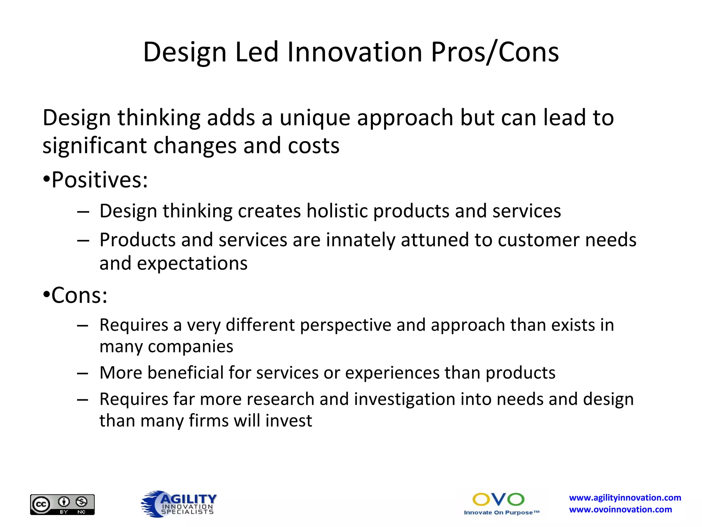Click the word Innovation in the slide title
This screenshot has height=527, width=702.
[x=354, y=52]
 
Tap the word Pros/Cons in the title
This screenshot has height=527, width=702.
[x=495, y=52]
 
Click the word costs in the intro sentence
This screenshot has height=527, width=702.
[x=313, y=146]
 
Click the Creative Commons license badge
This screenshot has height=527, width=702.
[x=62, y=504]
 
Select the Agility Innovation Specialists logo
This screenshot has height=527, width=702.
[x=179, y=504]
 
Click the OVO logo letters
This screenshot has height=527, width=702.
[x=498, y=500]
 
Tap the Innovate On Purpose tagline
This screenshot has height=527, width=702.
[x=501, y=513]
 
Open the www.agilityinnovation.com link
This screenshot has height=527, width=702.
[x=625, y=498]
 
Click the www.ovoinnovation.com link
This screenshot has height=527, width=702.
[x=620, y=510]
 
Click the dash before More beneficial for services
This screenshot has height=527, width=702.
[x=83, y=373]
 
